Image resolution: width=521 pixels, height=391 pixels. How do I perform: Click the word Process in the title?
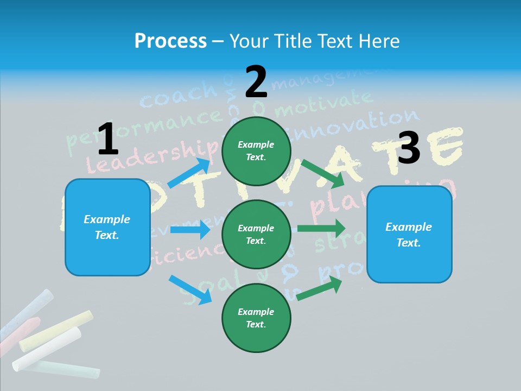170,41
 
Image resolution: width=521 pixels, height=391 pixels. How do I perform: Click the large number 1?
108,139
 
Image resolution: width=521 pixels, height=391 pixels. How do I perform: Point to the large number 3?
409,148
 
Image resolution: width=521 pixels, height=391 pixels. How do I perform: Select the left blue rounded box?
107,227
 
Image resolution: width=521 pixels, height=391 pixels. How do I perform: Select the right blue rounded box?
409,234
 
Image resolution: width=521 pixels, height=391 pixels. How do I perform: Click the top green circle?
256,150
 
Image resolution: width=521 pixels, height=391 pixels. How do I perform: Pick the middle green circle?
256,234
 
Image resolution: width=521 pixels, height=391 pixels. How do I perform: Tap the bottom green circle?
256,318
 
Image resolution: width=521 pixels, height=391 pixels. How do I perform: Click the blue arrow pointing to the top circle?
189,173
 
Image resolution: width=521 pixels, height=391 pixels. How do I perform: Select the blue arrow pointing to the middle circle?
190,229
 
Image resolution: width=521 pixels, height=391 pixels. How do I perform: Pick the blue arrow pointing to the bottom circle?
190,289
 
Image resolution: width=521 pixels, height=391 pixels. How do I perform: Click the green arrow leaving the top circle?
323,173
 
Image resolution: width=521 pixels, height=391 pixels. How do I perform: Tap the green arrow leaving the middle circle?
321,228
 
